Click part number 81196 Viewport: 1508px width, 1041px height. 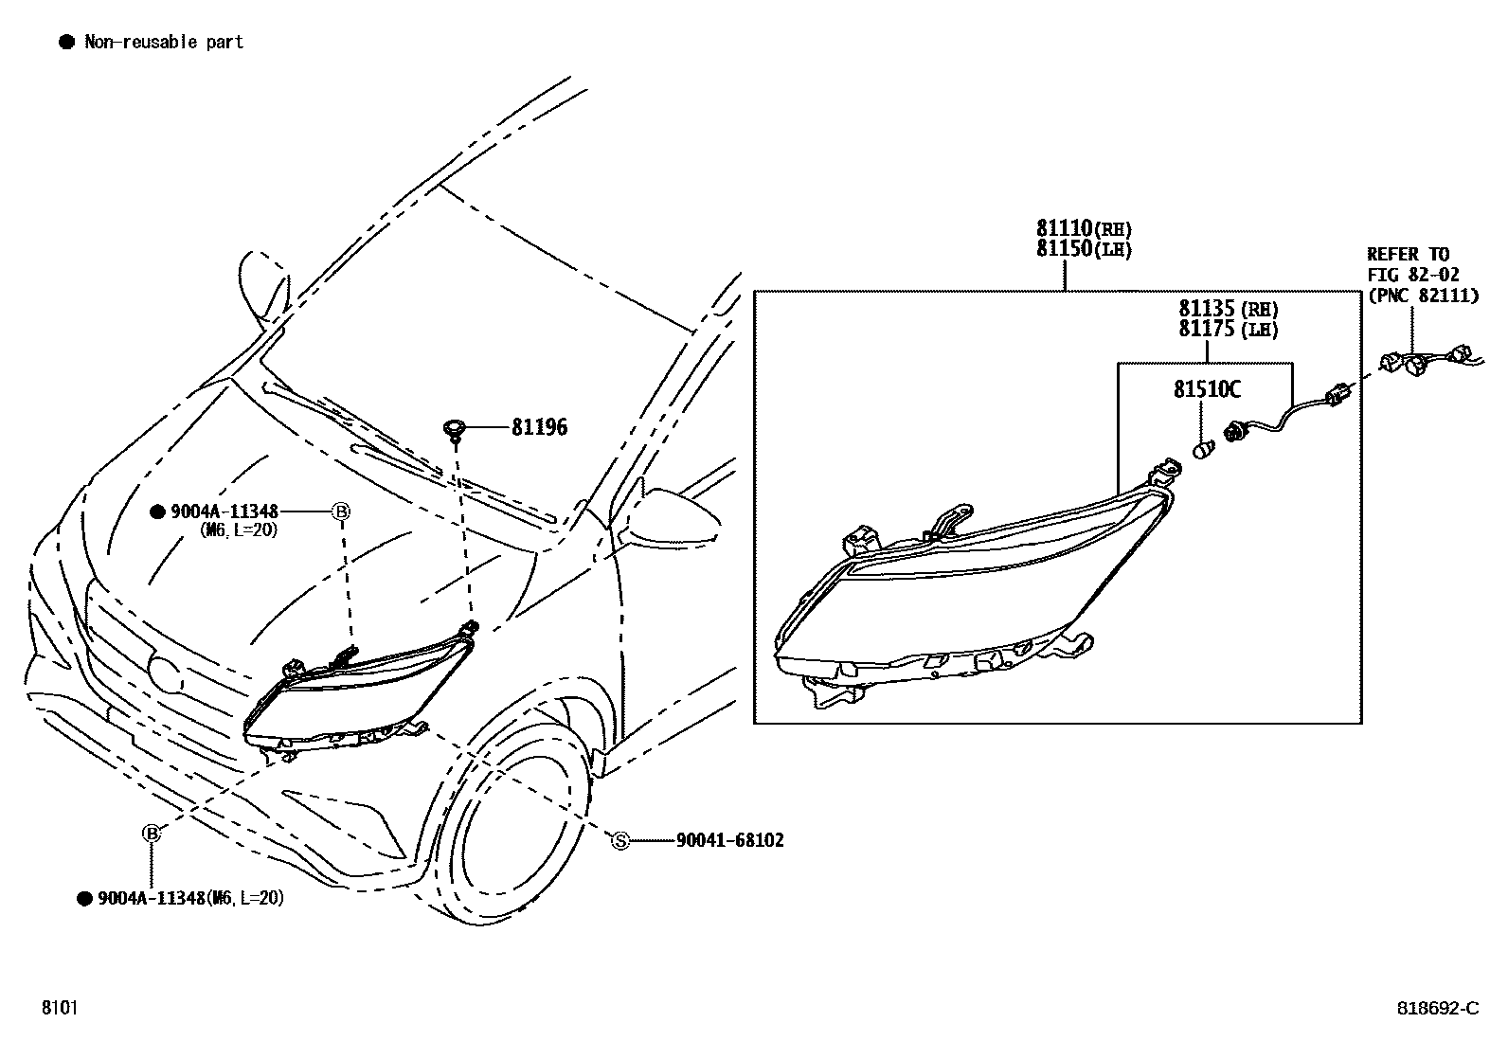[539, 427]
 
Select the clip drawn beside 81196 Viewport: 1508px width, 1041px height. [456, 430]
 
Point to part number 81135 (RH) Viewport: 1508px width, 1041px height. [1228, 309]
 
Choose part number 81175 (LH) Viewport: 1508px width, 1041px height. [1228, 330]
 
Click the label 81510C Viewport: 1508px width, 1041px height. [1207, 389]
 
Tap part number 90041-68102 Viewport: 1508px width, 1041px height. [729, 840]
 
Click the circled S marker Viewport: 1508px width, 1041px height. [620, 840]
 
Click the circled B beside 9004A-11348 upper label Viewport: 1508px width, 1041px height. [341, 512]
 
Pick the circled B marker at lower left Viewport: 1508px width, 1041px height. [151, 833]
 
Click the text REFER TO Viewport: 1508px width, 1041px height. [1408, 254]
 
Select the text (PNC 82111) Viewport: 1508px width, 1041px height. [1422, 296]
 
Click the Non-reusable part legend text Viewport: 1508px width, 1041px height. [164, 42]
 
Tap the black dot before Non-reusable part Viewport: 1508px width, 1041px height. [66, 42]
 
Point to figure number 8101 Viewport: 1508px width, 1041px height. [59, 1008]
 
